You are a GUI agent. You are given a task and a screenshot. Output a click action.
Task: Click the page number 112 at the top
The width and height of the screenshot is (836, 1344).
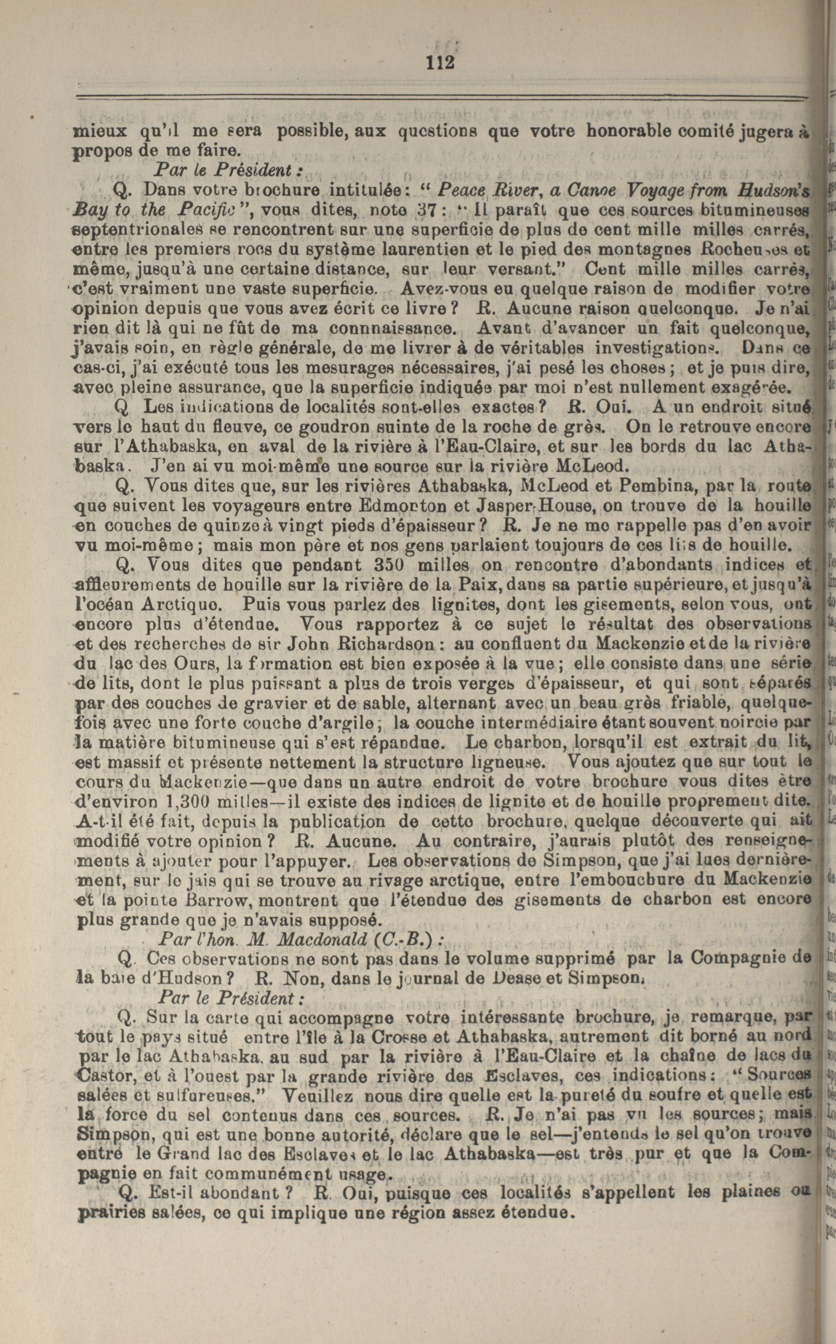pyautogui.click(x=441, y=62)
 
